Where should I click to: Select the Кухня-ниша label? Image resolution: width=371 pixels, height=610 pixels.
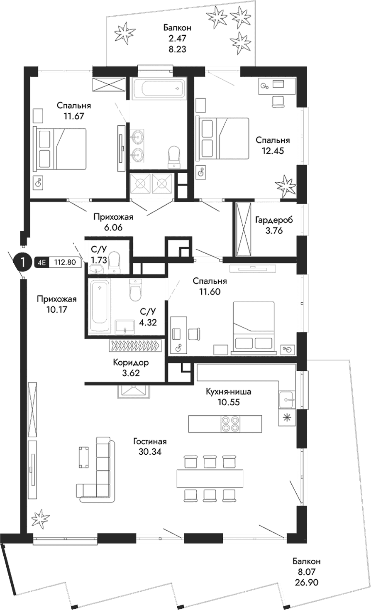tap(229, 391)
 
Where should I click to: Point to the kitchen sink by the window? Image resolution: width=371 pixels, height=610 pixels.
tap(287, 399)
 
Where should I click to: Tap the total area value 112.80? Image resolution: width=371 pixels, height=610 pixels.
tap(65, 262)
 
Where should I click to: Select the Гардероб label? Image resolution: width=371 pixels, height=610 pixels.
tap(274, 220)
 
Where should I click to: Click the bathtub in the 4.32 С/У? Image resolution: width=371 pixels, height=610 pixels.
tap(100, 306)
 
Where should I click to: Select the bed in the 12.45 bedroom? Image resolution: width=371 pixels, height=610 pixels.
tap(224, 138)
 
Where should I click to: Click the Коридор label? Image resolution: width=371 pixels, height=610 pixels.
tap(131, 363)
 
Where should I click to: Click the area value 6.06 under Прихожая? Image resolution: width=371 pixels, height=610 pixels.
tap(112, 227)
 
